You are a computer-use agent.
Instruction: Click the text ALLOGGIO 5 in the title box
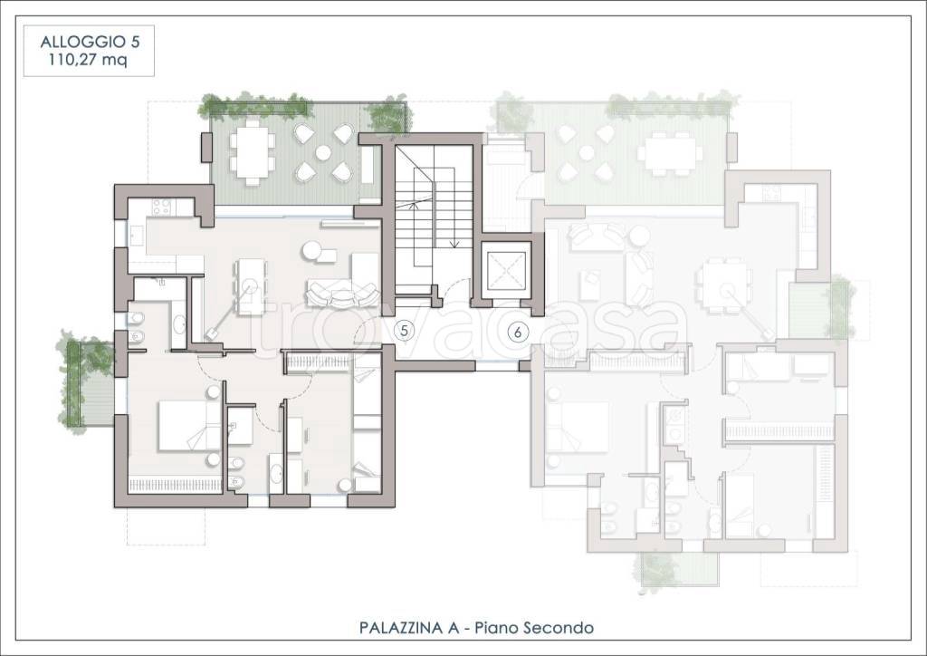[x=90, y=42]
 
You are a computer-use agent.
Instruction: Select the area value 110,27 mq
[x=90, y=60]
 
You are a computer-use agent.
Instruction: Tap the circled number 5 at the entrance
[x=405, y=331]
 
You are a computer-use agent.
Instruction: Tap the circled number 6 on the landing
[x=518, y=333]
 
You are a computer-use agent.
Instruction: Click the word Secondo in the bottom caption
[x=559, y=627]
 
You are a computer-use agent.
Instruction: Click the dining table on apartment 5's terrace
[x=253, y=153]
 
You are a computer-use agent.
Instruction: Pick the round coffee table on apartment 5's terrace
[x=323, y=153]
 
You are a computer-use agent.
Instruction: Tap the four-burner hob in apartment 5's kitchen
[x=161, y=207]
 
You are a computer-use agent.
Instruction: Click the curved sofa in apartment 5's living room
[x=343, y=294]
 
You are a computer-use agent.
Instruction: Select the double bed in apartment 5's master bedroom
[x=183, y=426]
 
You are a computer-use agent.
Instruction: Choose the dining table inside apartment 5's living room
[x=251, y=287]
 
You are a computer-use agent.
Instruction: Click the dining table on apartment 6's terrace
[x=668, y=153]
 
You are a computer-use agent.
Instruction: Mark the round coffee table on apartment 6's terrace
[x=587, y=153]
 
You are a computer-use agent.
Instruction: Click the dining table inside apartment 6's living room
[x=725, y=287]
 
